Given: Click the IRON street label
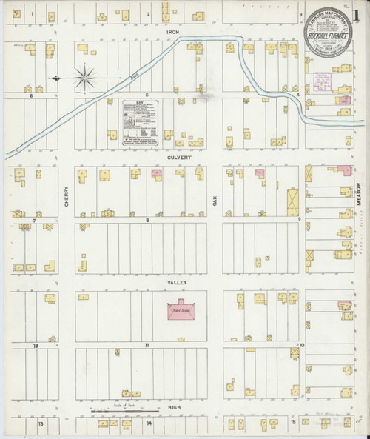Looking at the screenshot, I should pyautogui.click(x=173, y=33).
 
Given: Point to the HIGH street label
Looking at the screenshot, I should pyautogui.click(x=175, y=407).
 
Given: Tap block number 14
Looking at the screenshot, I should pyautogui.click(x=149, y=423).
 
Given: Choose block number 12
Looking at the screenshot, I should pyautogui.click(x=34, y=345).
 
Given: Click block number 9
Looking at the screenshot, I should pyautogui.click(x=299, y=220).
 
